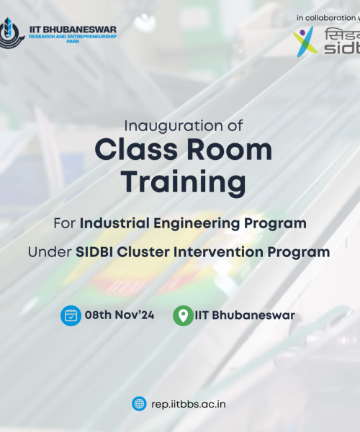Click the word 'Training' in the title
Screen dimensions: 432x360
183,182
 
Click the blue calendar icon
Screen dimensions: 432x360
71,315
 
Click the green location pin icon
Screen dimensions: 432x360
184,315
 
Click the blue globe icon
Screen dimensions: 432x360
139,404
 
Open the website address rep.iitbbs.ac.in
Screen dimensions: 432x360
189,404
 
